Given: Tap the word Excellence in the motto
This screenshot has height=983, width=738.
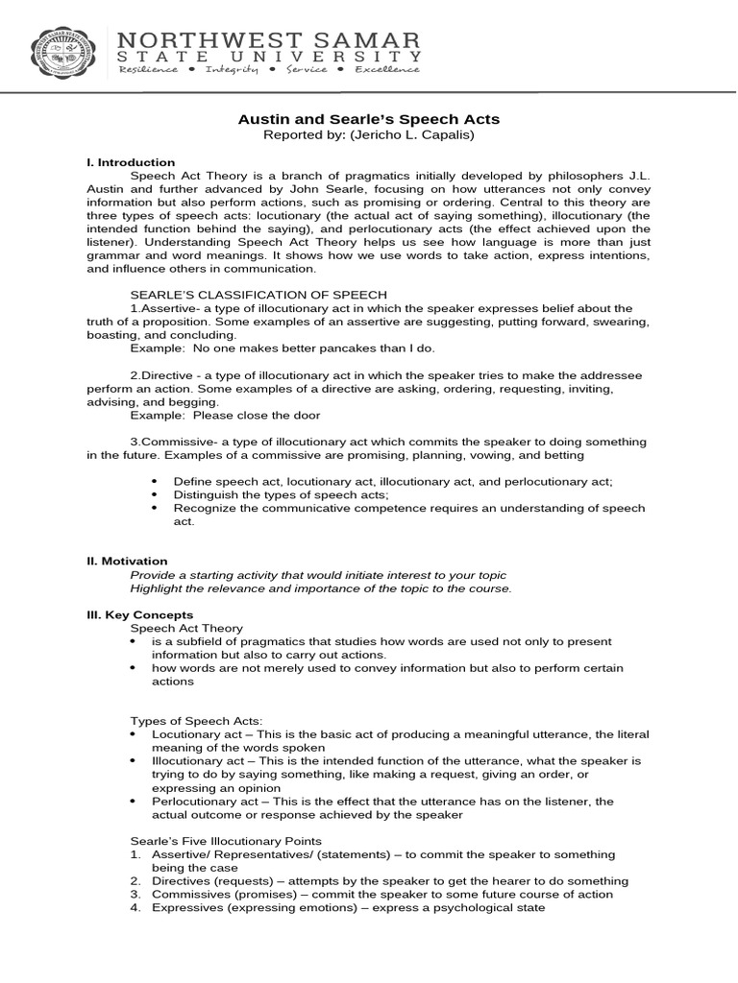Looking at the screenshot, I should pos(387,69).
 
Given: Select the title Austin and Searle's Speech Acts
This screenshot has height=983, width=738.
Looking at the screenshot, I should pos(369,120).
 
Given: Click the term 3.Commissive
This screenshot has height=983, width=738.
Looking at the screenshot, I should pos(169,442).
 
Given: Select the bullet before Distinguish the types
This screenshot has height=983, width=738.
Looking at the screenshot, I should pos(154,494).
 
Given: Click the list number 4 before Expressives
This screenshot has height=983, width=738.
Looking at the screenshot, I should pos(135,907).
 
